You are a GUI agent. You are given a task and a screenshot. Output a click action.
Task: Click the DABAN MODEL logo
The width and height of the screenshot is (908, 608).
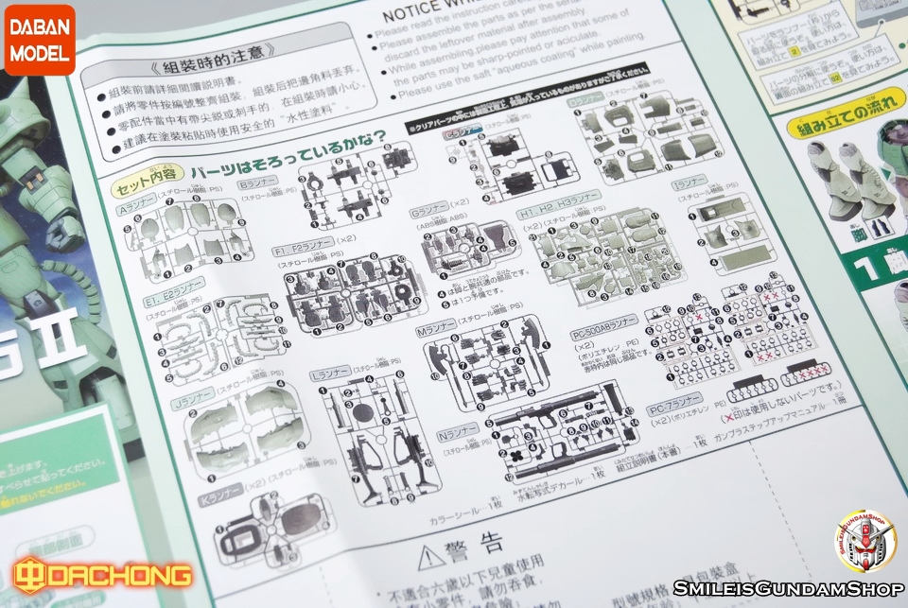coord(39,39)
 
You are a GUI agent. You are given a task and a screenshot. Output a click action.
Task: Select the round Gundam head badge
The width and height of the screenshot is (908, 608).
coord(864,540)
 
